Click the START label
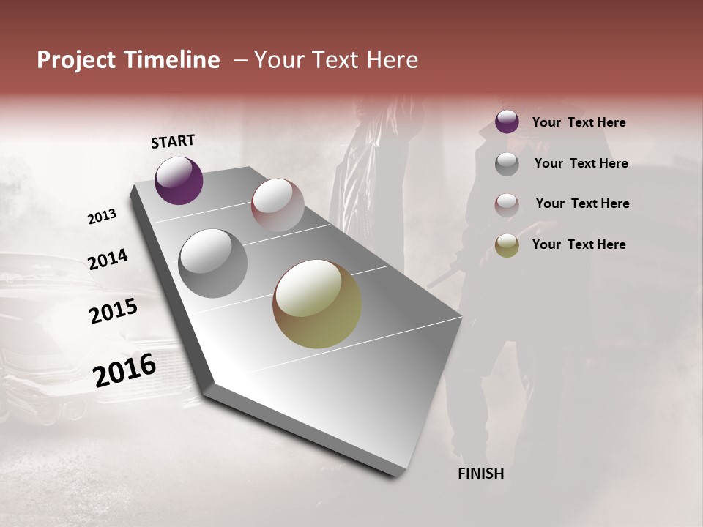tap(173, 141)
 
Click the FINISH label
tap(480, 474)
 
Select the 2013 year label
tap(102, 217)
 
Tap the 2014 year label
tap(108, 259)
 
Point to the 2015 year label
tap(114, 311)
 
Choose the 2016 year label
tap(124, 370)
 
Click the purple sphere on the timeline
tap(179, 180)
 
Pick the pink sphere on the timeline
tap(278, 204)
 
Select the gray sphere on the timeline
tap(212, 263)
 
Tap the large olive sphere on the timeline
tap(317, 304)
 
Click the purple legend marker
tap(507, 122)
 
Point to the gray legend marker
tap(507, 164)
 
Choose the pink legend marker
tap(507, 204)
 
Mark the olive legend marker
tap(507, 245)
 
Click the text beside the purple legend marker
tap(579, 123)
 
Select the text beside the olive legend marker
tap(579, 244)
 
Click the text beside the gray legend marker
tap(581, 163)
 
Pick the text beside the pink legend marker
tap(582, 203)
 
